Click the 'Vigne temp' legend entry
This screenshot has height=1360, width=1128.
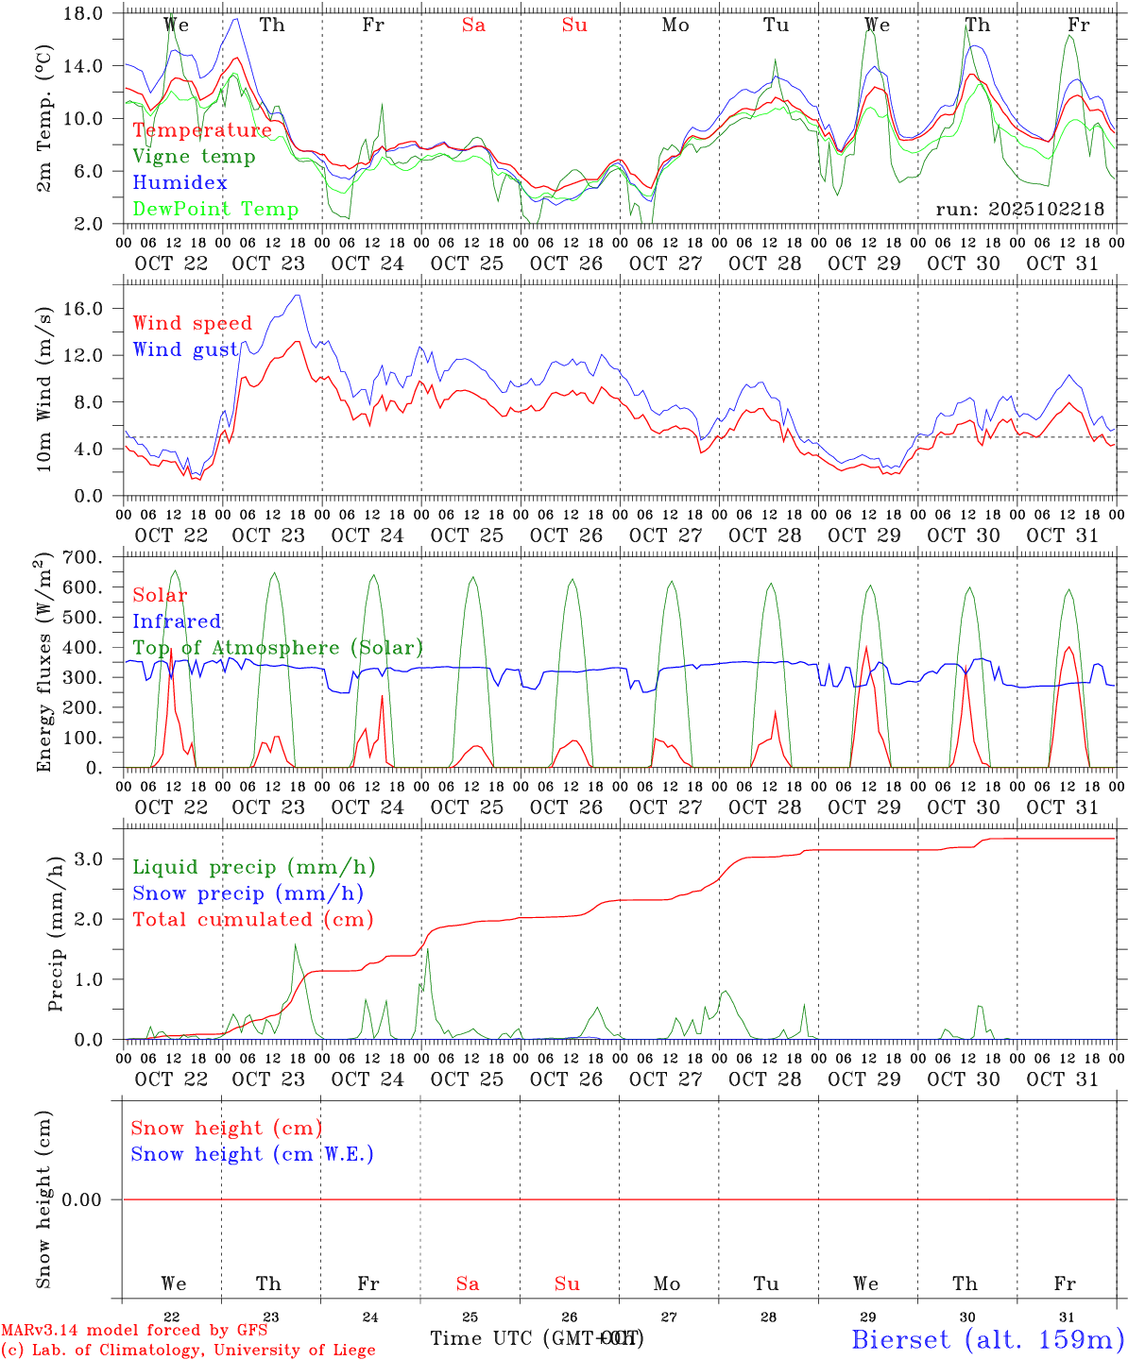[x=194, y=157]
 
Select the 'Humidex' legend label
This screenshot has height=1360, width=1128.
[x=179, y=183]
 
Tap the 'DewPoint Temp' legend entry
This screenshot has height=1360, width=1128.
[x=215, y=210]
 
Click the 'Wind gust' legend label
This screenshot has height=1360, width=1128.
[x=185, y=350]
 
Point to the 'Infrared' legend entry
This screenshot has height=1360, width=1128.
[x=177, y=621]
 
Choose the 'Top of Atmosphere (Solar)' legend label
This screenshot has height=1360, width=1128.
[x=278, y=648]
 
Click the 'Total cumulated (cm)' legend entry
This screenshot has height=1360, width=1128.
[x=252, y=920]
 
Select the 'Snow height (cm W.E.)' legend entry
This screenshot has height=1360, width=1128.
[x=252, y=1154]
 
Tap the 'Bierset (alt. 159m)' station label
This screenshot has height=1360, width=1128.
[x=987, y=1339]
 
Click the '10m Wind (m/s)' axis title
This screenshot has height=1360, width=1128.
[x=44, y=389]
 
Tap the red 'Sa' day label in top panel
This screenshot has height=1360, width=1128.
[x=473, y=25]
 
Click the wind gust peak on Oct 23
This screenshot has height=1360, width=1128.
[x=299, y=296]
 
